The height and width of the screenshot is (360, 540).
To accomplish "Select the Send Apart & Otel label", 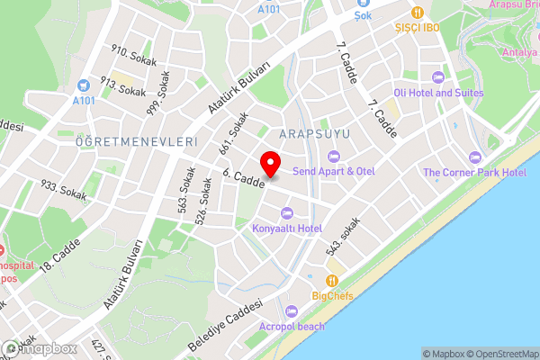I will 333,171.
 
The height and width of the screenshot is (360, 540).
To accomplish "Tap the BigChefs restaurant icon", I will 332,279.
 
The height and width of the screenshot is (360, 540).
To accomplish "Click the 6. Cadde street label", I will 244,178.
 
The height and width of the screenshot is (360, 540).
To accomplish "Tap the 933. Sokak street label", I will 63,190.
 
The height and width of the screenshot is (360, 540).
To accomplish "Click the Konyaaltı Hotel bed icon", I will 286,212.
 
